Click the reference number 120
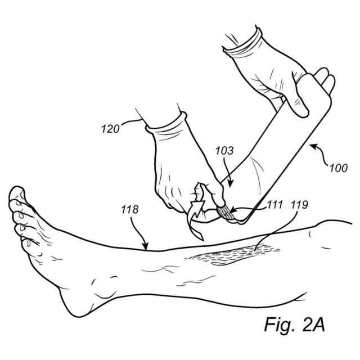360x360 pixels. (x=110, y=129)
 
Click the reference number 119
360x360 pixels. (x=298, y=205)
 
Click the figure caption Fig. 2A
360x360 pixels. (x=295, y=325)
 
